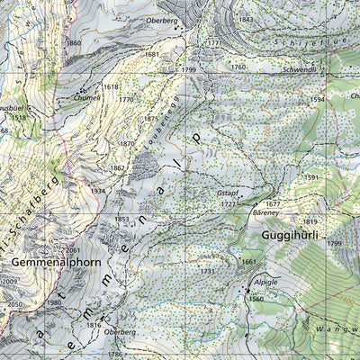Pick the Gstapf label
tap(228, 193)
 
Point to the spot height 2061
tap(74, 250)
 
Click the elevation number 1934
tap(98, 190)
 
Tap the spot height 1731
tap(208, 270)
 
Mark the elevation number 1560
tap(256, 299)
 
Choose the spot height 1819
tap(310, 221)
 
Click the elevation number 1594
tap(317, 99)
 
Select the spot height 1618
tap(111, 86)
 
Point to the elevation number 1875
tap(151, 118)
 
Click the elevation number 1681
tap(152, 54)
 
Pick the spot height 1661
tap(249, 262)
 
